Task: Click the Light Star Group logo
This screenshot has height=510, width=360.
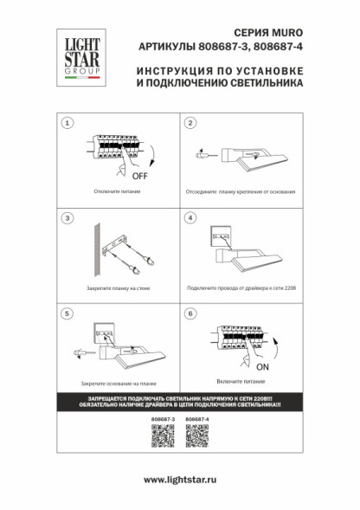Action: coord(78,57)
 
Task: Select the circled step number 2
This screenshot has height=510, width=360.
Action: coord(190,124)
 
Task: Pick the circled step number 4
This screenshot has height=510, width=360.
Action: coord(190,217)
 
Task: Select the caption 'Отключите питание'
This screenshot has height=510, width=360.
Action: coord(113,191)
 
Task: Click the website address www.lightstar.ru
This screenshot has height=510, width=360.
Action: coord(179,479)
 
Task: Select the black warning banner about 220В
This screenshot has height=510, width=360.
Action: coord(179,402)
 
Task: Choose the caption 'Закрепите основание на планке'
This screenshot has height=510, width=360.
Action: coord(113,382)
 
